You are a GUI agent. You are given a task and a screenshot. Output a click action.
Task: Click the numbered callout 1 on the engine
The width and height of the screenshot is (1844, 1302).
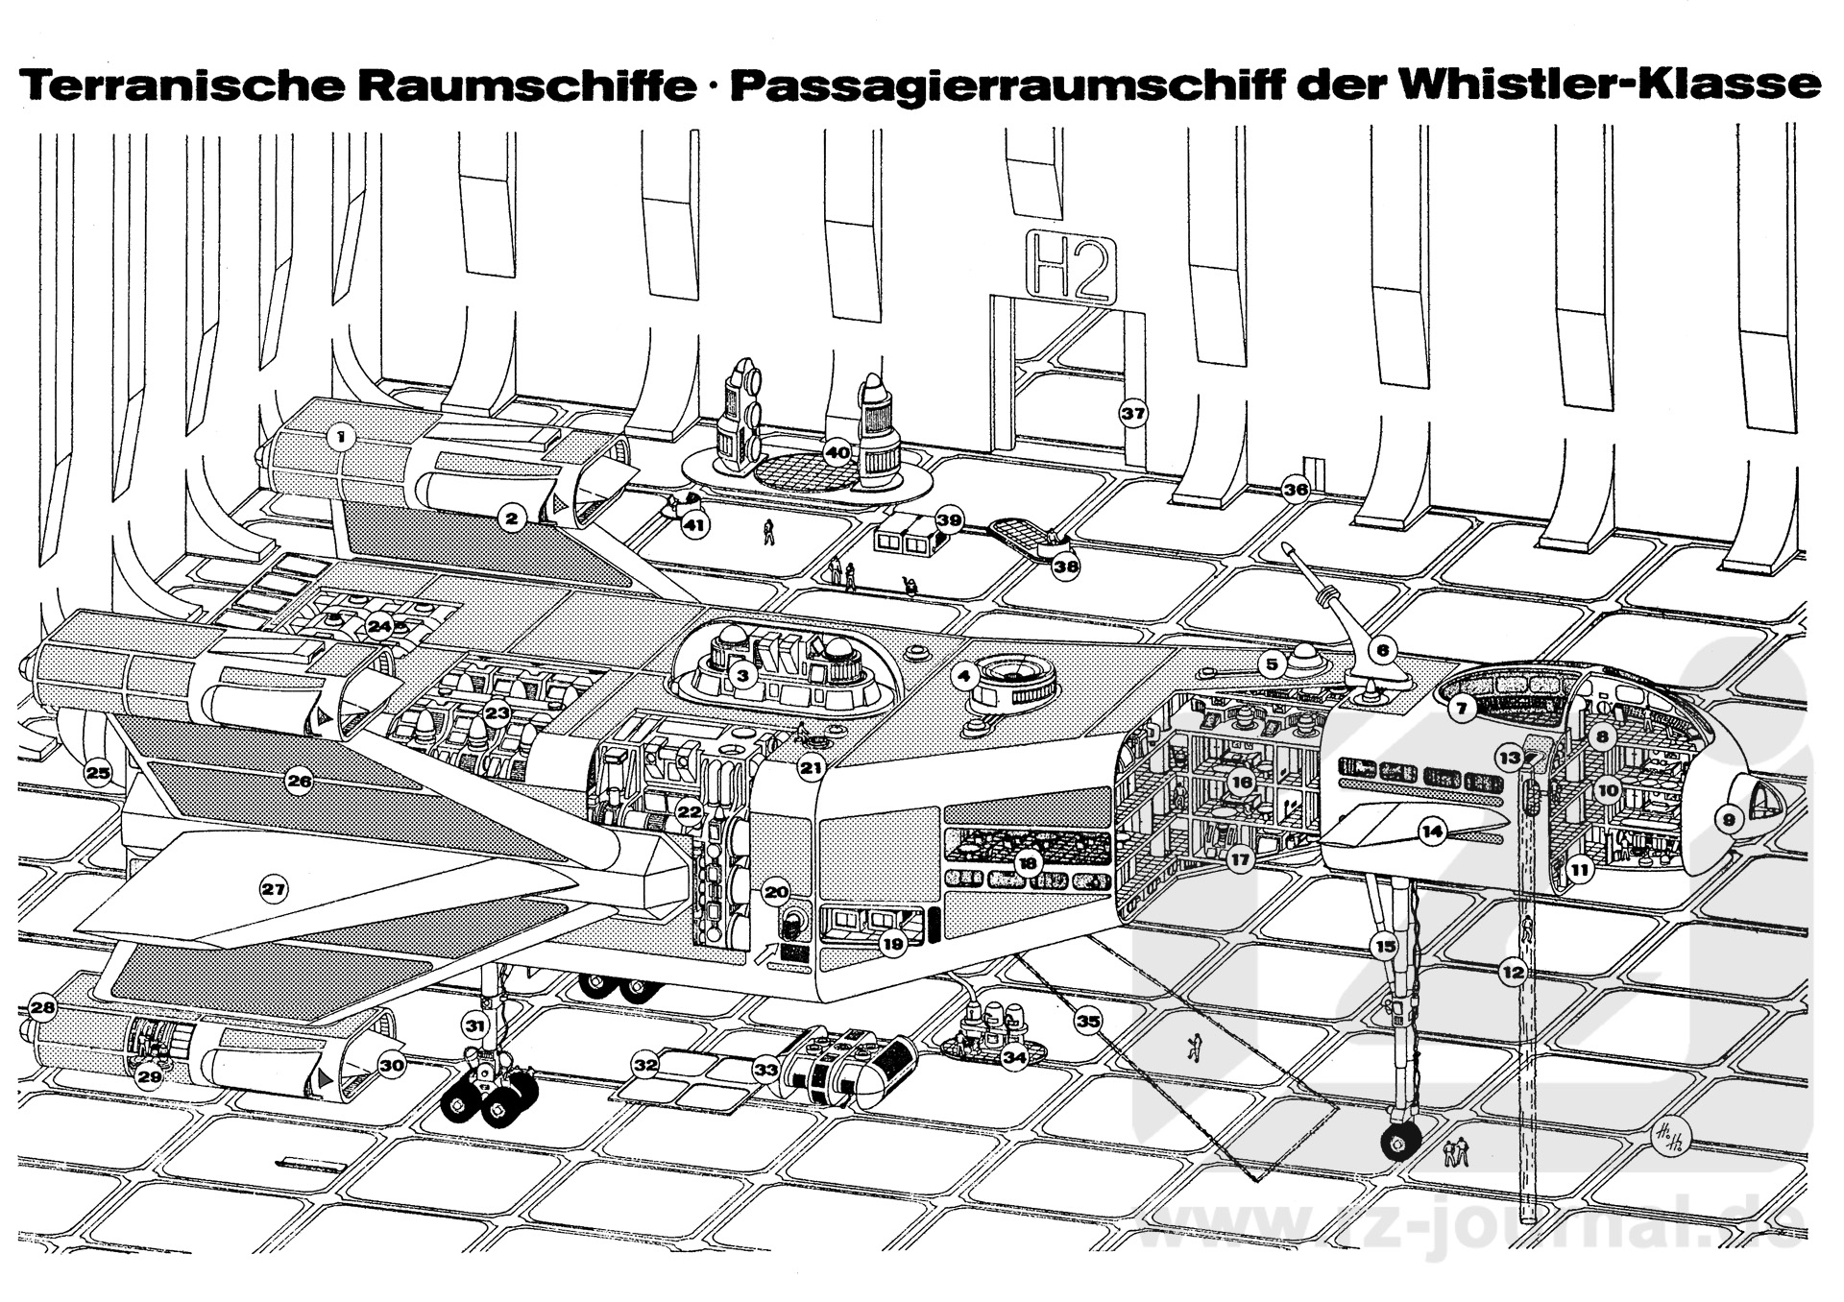point(339,438)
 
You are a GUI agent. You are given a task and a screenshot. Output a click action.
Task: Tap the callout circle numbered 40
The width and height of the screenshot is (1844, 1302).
point(837,452)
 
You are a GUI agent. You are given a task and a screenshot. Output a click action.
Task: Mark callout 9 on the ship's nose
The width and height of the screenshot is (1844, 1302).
point(1729,819)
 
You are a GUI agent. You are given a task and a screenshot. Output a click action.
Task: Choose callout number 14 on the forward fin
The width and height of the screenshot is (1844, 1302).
point(1433,832)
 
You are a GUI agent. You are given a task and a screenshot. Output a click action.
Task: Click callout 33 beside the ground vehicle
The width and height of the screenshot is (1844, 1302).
point(765,1068)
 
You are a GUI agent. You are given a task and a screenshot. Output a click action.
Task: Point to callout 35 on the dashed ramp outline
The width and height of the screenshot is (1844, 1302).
point(1087,1022)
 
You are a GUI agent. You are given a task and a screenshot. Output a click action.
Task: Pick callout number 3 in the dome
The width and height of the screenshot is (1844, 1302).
point(741,675)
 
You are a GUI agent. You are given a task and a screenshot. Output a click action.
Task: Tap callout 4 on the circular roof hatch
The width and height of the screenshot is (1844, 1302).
point(965,676)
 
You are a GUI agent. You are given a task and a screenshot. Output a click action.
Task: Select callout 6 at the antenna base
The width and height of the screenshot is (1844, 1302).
point(1382,650)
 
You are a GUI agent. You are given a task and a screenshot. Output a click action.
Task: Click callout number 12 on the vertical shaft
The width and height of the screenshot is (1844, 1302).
point(1513,973)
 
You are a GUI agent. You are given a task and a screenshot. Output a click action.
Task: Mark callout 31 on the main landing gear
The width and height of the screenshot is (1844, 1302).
point(475,1025)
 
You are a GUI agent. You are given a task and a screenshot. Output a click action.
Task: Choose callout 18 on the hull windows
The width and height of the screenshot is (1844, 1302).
point(1028,863)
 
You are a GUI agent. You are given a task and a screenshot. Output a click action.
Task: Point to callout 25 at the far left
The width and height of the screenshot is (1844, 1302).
point(98,772)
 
